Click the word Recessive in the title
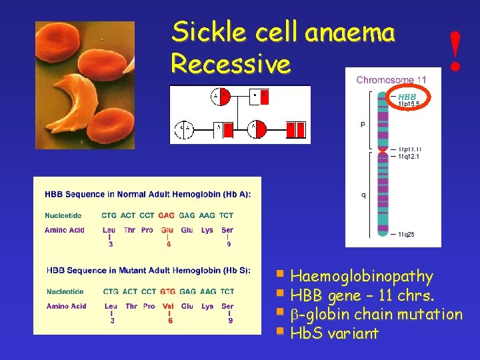(x=231, y=64)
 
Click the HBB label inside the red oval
(x=407, y=97)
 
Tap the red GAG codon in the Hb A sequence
(x=167, y=215)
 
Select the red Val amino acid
(x=168, y=306)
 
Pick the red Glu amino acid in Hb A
(x=166, y=230)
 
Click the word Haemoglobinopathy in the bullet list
(x=362, y=276)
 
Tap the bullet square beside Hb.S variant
(x=282, y=331)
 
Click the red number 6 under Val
(x=171, y=321)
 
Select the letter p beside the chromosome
(x=363, y=124)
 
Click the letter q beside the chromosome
(x=363, y=195)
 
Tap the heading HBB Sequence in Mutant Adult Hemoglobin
(x=148, y=270)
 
